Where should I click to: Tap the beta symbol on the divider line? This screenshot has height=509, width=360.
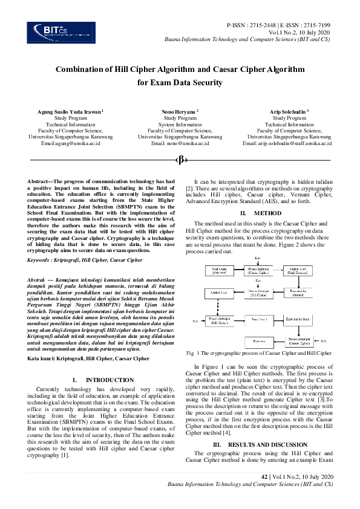180,160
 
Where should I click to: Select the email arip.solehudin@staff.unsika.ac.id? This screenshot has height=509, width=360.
287,143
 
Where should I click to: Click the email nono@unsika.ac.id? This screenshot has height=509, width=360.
180,143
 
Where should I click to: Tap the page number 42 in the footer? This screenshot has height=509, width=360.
264,477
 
